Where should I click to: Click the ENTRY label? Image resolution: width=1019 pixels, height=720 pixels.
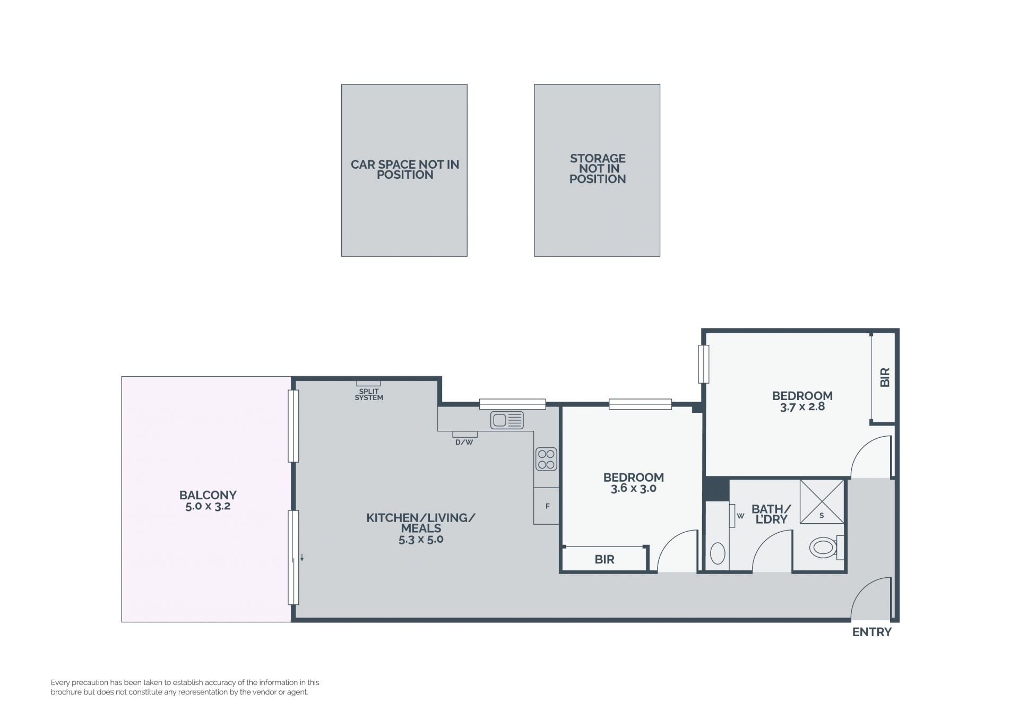click(x=871, y=632)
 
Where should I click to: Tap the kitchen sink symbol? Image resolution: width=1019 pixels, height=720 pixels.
click(x=507, y=420)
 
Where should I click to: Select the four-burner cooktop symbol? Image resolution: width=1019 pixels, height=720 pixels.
click(x=546, y=459)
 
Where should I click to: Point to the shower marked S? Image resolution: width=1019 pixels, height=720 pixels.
click(x=822, y=502)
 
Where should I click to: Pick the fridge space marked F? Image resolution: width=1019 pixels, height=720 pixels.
click(x=547, y=506)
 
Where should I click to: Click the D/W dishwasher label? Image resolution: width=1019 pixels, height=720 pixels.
click(x=464, y=442)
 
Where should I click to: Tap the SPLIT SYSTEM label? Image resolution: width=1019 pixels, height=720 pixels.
click(x=369, y=394)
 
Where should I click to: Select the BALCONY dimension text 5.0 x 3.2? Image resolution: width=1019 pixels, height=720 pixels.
click(x=208, y=506)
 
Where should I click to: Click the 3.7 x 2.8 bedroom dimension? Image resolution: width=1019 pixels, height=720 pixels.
click(x=802, y=407)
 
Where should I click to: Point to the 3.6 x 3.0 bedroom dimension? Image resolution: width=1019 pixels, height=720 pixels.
click(x=633, y=488)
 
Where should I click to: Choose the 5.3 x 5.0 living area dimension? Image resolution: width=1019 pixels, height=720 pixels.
click(x=421, y=540)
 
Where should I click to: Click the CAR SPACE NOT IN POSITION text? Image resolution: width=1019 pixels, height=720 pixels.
click(x=404, y=170)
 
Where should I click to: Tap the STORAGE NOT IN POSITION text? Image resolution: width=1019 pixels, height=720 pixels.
click(x=598, y=169)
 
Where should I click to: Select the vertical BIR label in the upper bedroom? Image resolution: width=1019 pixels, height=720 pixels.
click(x=884, y=377)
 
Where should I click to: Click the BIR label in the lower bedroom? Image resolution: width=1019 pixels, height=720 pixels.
click(x=605, y=559)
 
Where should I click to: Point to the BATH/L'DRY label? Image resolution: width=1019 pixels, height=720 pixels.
click(x=771, y=514)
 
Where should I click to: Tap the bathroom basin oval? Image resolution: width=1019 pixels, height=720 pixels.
click(x=718, y=553)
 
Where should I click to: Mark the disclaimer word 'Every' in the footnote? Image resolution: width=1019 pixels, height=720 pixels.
click(x=60, y=683)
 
